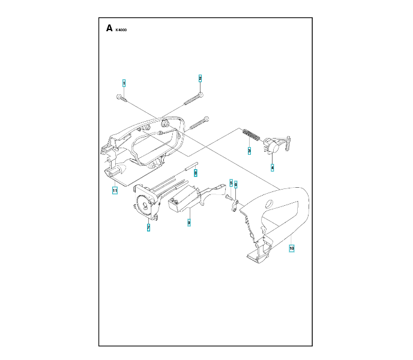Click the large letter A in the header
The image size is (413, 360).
tap(109, 28)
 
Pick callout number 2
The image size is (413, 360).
tap(200, 78)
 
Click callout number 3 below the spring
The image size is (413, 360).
tap(249, 152)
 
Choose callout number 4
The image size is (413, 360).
tap(272, 167)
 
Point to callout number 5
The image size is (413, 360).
tap(231, 182)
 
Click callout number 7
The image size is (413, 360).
tap(148, 227)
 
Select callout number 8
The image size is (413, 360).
tap(196, 172)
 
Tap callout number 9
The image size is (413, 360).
tap(188, 223)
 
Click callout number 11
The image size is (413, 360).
tap(113, 190)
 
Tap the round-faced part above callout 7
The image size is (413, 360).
tap(144, 206)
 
